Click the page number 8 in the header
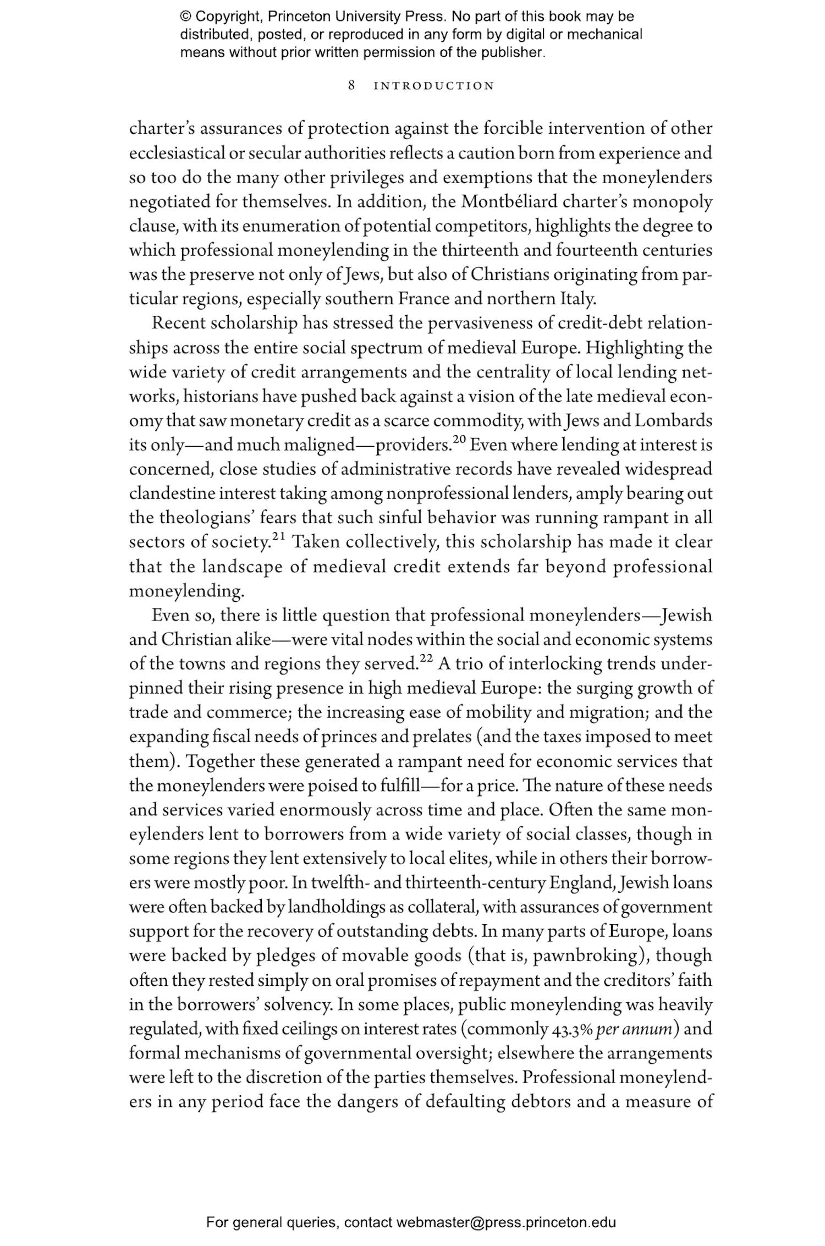[x=351, y=86]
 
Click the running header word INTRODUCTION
[x=434, y=86]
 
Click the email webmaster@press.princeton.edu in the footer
[x=505, y=1222]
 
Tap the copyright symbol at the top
[x=185, y=17]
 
